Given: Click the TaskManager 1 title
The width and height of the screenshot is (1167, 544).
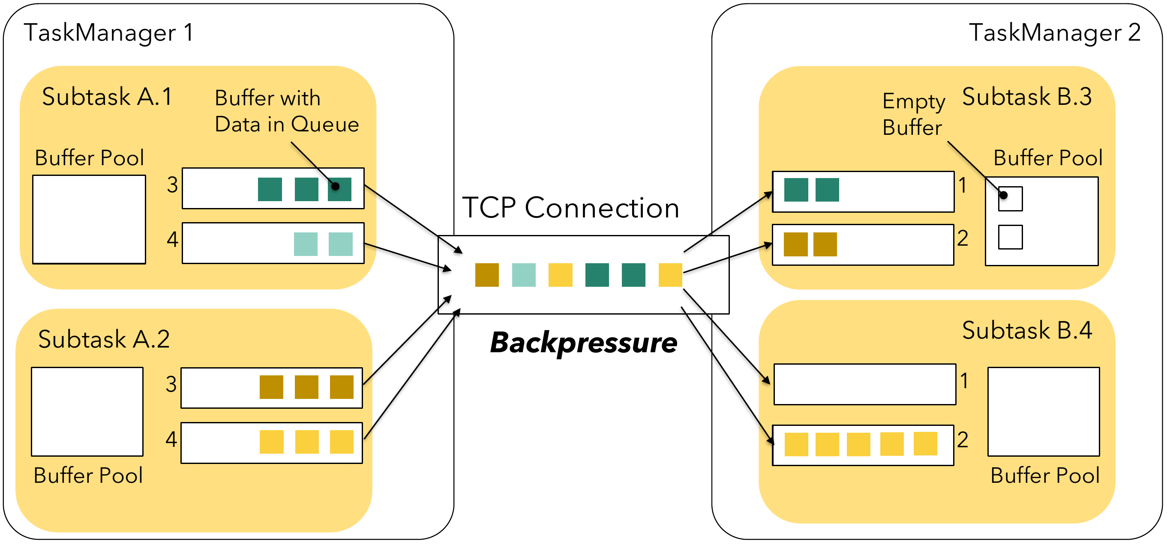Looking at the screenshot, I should click(109, 33).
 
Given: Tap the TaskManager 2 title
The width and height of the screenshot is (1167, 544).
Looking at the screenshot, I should click(1055, 33).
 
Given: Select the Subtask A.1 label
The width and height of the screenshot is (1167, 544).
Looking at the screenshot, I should click(107, 97).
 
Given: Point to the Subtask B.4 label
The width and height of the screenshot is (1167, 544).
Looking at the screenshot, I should click(1026, 330).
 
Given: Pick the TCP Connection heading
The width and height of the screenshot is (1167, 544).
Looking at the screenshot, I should click(570, 208).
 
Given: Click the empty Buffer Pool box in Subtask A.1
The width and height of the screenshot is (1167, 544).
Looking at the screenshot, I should click(89, 220).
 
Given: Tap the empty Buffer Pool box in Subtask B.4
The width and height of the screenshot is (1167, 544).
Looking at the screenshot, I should click(1043, 411).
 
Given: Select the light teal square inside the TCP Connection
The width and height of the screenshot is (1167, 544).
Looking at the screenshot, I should click(523, 275).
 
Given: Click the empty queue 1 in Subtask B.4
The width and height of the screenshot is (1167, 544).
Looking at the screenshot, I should click(864, 384).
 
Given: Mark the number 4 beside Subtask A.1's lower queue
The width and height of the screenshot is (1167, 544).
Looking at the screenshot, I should click(172, 239).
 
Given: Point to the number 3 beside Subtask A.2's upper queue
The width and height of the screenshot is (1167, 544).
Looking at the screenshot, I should click(171, 384).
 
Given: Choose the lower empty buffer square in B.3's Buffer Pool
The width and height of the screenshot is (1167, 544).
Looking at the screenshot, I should click(1010, 237).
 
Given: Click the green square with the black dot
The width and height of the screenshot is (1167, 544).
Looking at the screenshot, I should click(339, 189).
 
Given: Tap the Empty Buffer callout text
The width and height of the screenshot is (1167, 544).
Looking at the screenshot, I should click(913, 114).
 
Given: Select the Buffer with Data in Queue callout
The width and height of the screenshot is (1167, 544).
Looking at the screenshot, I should click(286, 111).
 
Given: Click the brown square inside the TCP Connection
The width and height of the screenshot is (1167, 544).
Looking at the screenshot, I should click(486, 275).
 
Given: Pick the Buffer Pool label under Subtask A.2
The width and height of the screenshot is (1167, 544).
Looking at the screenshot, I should click(88, 476).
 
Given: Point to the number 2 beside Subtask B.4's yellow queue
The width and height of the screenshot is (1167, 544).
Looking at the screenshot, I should click(963, 440).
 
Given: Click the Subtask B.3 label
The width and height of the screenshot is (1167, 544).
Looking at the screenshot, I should click(1026, 97).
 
